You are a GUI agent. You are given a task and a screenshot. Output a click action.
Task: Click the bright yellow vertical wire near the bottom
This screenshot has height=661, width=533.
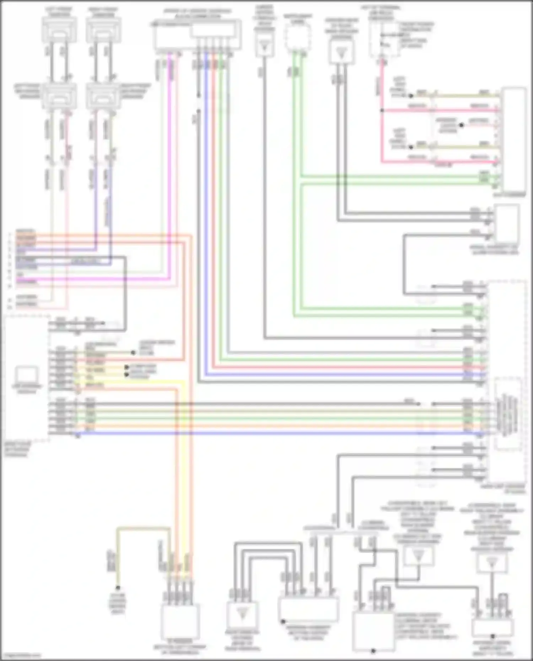[184, 462]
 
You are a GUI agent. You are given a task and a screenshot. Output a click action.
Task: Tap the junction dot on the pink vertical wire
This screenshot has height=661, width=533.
[382, 110]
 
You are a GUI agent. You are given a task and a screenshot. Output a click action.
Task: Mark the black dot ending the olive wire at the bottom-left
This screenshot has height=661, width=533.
[118, 588]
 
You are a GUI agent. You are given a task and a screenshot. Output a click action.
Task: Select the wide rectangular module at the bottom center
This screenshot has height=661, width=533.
[308, 609]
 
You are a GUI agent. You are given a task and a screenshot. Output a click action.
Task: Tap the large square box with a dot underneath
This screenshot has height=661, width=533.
[373, 630]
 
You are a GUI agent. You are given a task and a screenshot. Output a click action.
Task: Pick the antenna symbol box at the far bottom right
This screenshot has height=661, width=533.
[491, 563]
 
